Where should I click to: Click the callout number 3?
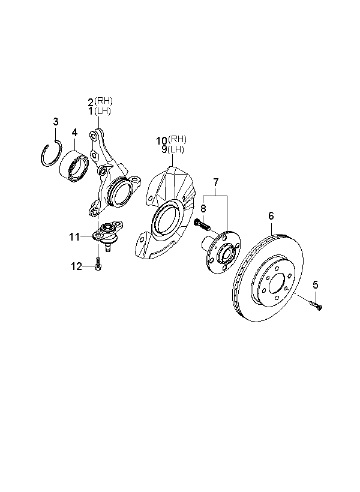(x=56, y=122)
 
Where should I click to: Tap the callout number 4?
(x=74, y=132)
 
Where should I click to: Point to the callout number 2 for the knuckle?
(x=91, y=102)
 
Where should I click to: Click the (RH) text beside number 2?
(x=104, y=101)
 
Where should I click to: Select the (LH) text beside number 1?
(x=104, y=111)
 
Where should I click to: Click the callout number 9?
(x=163, y=149)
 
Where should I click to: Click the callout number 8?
(x=203, y=209)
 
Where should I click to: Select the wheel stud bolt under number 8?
(x=202, y=226)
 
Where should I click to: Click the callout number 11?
(x=74, y=237)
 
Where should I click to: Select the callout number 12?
(x=77, y=266)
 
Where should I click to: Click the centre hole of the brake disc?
(x=275, y=285)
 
